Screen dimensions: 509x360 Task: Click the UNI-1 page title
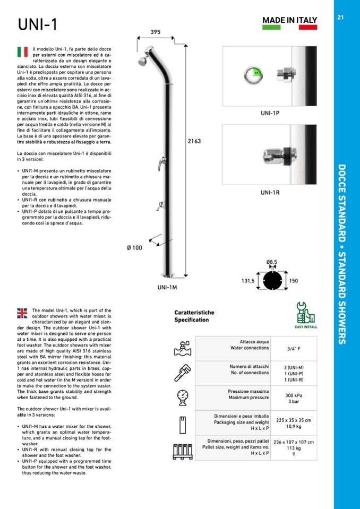37,24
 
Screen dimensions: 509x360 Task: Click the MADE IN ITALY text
289,20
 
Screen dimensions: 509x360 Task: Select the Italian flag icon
22,51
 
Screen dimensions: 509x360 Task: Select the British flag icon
22,313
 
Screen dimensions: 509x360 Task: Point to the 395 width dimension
155,32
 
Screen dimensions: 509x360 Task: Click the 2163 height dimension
194,142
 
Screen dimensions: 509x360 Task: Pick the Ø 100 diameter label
134,248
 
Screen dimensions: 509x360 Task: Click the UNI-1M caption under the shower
167,287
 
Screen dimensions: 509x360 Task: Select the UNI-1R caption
270,193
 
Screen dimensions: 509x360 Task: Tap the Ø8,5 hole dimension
272,262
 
